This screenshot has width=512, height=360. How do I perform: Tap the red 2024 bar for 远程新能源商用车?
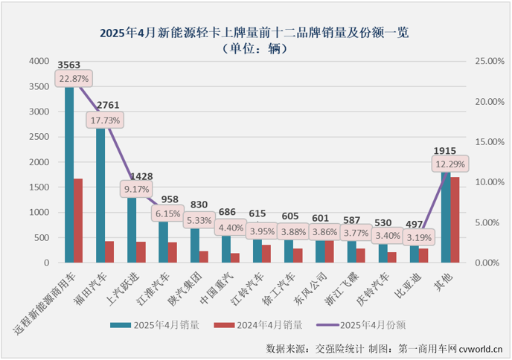click(x=77, y=220)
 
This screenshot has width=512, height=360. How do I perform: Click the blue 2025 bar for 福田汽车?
click(x=100, y=195)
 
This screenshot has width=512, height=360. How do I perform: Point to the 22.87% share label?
click(x=73, y=78)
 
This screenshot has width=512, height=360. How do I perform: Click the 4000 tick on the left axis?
click(x=39, y=62)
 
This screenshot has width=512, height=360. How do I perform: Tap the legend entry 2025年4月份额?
click(x=368, y=324)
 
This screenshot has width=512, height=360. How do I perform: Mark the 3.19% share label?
click(x=420, y=238)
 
